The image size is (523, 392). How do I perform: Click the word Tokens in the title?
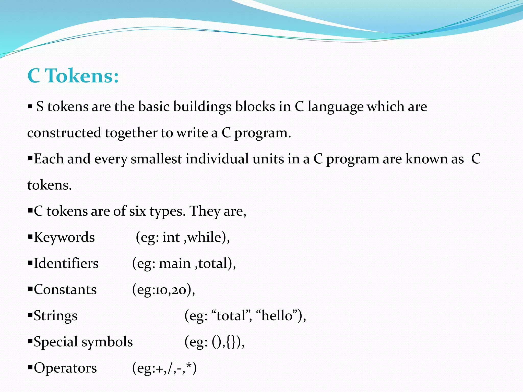click(82, 76)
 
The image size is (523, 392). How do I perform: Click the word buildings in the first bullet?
click(202, 107)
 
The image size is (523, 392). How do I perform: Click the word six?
click(137, 211)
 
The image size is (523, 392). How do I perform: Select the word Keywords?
click(64, 237)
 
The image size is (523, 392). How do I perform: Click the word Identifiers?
click(66, 263)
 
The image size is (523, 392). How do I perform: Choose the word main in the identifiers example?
click(175, 263)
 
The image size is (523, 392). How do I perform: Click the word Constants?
click(65, 290)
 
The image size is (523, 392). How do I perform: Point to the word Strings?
click(55, 316)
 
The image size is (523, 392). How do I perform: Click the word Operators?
click(65, 368)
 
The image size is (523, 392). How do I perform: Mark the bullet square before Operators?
click(30, 368)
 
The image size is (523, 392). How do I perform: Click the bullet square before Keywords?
click(30, 237)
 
